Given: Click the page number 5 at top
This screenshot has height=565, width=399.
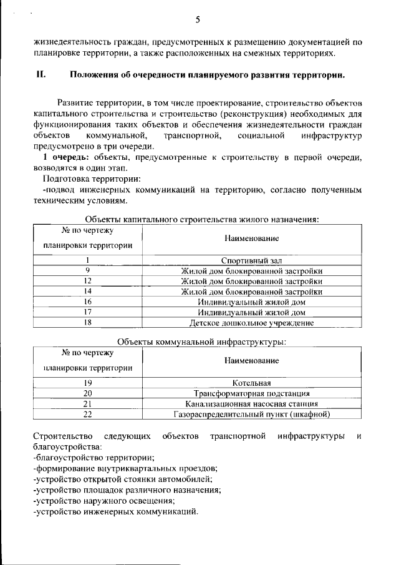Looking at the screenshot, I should [x=198, y=19].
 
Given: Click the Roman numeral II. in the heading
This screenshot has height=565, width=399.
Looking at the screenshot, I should [x=41, y=75].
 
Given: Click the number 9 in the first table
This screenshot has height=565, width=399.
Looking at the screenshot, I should [x=88, y=270].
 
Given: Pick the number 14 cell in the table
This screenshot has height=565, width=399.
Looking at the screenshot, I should [x=88, y=292].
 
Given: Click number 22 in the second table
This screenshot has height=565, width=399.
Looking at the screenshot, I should [x=88, y=414].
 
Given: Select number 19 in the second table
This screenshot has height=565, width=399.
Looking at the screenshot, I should [x=88, y=383].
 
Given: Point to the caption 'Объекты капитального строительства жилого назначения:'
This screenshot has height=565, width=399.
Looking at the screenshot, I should [x=203, y=220].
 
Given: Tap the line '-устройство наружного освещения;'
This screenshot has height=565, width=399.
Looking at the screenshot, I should [x=104, y=501].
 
